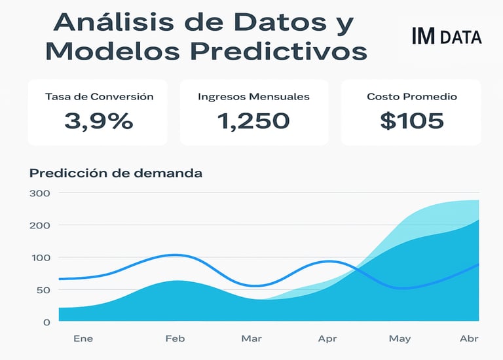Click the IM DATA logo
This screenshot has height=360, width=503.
[x=447, y=37]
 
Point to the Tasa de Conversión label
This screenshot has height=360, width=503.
[x=99, y=97]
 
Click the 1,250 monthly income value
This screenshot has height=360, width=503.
[x=253, y=120]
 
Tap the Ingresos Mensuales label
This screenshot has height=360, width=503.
[x=253, y=97]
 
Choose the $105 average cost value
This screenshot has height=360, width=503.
[x=411, y=120]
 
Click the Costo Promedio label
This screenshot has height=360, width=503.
[x=411, y=97]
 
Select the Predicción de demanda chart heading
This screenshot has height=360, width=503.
[x=116, y=173]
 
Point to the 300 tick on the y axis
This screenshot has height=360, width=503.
[x=40, y=193]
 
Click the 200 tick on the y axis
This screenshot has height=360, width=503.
[x=40, y=225]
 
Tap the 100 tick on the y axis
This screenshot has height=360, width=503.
[x=40, y=257]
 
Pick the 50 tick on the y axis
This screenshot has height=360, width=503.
[x=42, y=289]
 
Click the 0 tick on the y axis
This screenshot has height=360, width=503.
[x=47, y=322]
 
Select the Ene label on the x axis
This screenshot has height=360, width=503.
[x=83, y=338]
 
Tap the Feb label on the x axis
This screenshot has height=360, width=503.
[x=175, y=338]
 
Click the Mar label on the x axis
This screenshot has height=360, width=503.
[x=251, y=338]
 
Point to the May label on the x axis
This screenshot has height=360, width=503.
[x=400, y=338]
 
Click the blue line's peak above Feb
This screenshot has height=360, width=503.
[x=174, y=255]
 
